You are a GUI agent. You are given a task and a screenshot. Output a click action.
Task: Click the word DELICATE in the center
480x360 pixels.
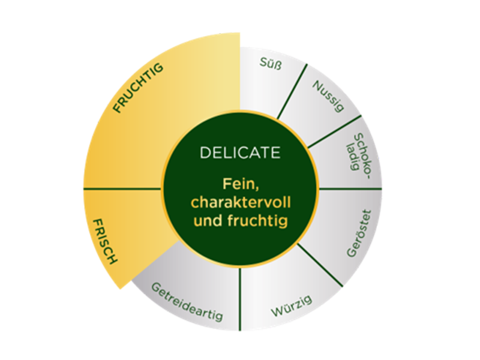pos(240,152)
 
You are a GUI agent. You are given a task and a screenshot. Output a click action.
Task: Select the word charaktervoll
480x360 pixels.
pos(241,202)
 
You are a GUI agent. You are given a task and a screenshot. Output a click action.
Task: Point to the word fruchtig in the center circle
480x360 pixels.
pos(257,221)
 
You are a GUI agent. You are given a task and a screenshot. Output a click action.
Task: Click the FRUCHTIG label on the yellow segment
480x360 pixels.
pos(138,88)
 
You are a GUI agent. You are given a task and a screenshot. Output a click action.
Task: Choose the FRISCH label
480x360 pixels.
pos(105,241)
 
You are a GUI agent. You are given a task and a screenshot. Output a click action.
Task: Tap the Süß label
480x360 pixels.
pos(271,64)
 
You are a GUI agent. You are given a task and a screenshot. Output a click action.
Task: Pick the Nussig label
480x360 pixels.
pos(328,96)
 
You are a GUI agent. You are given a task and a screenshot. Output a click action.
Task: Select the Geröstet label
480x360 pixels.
pos(359,233)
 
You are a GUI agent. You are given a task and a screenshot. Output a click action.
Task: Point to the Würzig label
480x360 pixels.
pos(292,306)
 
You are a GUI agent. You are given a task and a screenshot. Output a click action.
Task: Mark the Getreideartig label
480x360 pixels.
pos(187,302)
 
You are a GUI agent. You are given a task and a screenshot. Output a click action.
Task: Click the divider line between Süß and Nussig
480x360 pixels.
pos(292,91)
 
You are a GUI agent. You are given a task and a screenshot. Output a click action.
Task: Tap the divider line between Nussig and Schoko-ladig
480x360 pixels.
pos(334,131)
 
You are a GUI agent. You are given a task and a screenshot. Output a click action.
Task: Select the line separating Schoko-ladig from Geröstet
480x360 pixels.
pos(350,189)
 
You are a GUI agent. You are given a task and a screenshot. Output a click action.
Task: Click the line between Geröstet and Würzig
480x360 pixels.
pos(320,265)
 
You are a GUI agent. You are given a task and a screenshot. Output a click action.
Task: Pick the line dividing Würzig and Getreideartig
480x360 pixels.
pos(240,299)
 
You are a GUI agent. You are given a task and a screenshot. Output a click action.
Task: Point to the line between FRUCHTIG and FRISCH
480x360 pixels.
pos(122,189)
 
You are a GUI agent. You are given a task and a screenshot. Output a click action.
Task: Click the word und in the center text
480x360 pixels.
pos(208,220)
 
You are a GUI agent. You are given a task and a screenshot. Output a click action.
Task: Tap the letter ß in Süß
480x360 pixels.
pos(277,65)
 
